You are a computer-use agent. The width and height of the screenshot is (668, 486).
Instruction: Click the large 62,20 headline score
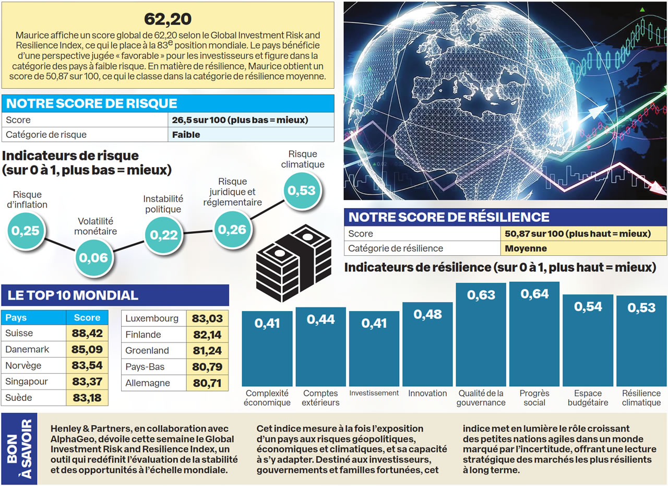(x=168, y=19)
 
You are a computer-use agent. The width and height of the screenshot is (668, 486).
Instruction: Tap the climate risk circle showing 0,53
(x=302, y=191)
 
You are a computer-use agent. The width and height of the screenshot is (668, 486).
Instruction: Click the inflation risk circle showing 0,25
(x=26, y=230)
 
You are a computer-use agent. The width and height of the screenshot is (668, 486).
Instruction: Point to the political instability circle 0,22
(x=164, y=235)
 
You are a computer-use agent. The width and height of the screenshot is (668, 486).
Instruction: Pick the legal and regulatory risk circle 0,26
(x=232, y=229)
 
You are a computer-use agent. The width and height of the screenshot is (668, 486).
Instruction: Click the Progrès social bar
(x=534, y=334)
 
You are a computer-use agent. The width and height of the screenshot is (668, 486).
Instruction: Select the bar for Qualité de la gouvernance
(x=481, y=334)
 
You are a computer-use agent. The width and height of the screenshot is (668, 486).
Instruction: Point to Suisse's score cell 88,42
(x=87, y=333)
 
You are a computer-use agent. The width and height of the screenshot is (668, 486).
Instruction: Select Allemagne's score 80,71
(x=207, y=383)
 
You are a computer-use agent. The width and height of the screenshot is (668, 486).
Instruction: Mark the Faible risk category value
(x=186, y=135)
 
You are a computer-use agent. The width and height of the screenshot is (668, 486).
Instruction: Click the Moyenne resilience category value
(x=526, y=248)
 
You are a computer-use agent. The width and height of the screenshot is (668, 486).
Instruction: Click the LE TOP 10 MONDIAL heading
(x=73, y=295)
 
